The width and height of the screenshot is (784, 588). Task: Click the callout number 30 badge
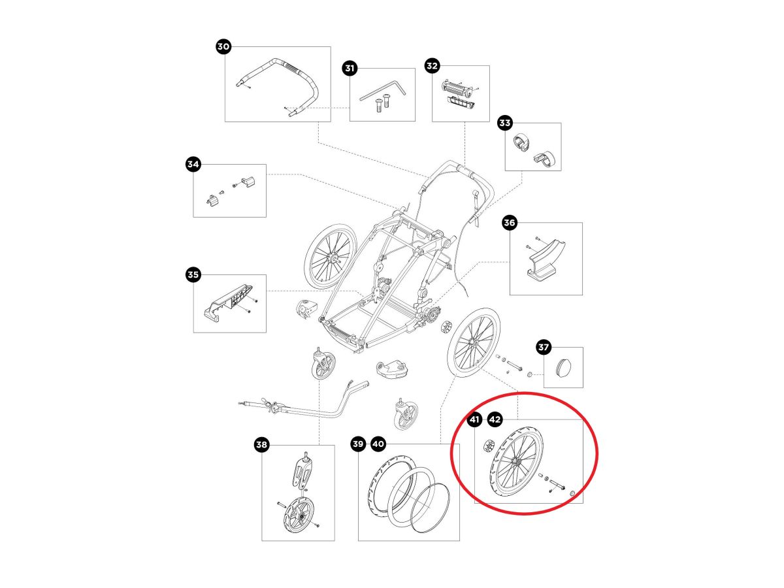click(223, 46)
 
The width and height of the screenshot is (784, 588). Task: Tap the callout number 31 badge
click(350, 68)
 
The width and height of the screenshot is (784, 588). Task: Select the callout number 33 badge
click(504, 123)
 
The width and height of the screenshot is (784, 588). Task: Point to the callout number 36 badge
click(510, 223)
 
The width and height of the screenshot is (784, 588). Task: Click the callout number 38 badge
click(261, 446)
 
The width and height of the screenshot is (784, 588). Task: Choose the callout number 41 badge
click(474, 420)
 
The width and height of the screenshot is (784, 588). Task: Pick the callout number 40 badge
click(378, 445)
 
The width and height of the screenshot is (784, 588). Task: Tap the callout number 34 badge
click(193, 165)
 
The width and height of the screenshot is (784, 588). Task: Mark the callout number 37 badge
click(544, 348)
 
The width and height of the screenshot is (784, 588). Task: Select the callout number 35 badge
click(193, 275)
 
